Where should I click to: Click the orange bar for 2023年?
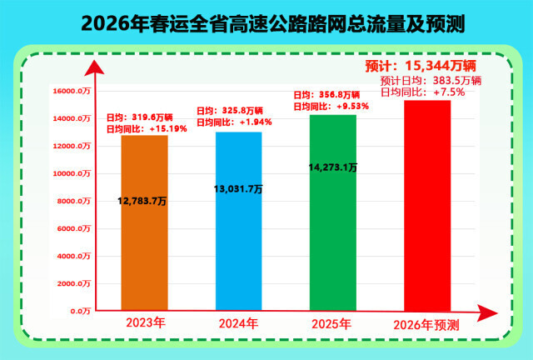pos(144,250)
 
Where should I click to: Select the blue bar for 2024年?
pos(238,250)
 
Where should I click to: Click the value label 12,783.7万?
pos(144,201)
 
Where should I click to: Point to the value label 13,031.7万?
pos(238,189)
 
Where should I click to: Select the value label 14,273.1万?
pos(333,167)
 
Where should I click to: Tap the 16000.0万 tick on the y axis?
pos(72,92)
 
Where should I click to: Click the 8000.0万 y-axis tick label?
pos(73,202)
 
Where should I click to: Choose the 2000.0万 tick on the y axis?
pos(73,284)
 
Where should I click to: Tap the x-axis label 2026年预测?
pos(426,323)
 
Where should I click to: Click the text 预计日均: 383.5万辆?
pos(431,81)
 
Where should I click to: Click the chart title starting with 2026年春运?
pos(266,22)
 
